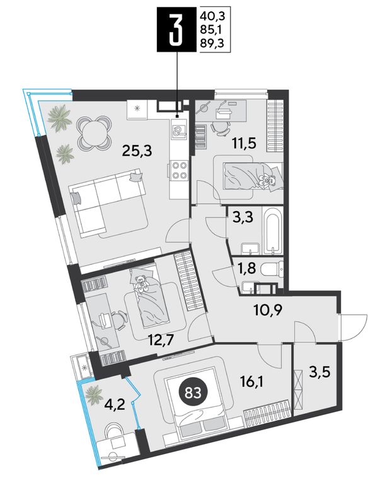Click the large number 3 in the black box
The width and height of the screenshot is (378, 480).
[177, 30]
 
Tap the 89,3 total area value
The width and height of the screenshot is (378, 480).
[212, 43]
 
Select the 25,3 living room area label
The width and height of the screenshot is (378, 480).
[137, 150]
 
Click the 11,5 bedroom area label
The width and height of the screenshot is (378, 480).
[243, 143]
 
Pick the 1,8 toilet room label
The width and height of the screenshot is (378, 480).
[246, 269]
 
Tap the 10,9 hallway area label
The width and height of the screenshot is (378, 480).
[268, 311]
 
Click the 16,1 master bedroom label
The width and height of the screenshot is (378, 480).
[252, 382]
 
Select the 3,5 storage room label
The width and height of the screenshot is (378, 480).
[321, 373]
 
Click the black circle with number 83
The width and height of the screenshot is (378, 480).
[193, 392]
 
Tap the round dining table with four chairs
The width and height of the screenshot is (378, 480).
[94, 132]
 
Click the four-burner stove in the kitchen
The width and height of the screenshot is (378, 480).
[179, 170]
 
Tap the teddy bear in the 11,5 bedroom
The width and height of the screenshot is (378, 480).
[268, 180]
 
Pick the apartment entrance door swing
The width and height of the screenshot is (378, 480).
[353, 327]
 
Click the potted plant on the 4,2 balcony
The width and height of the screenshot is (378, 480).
[94, 394]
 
